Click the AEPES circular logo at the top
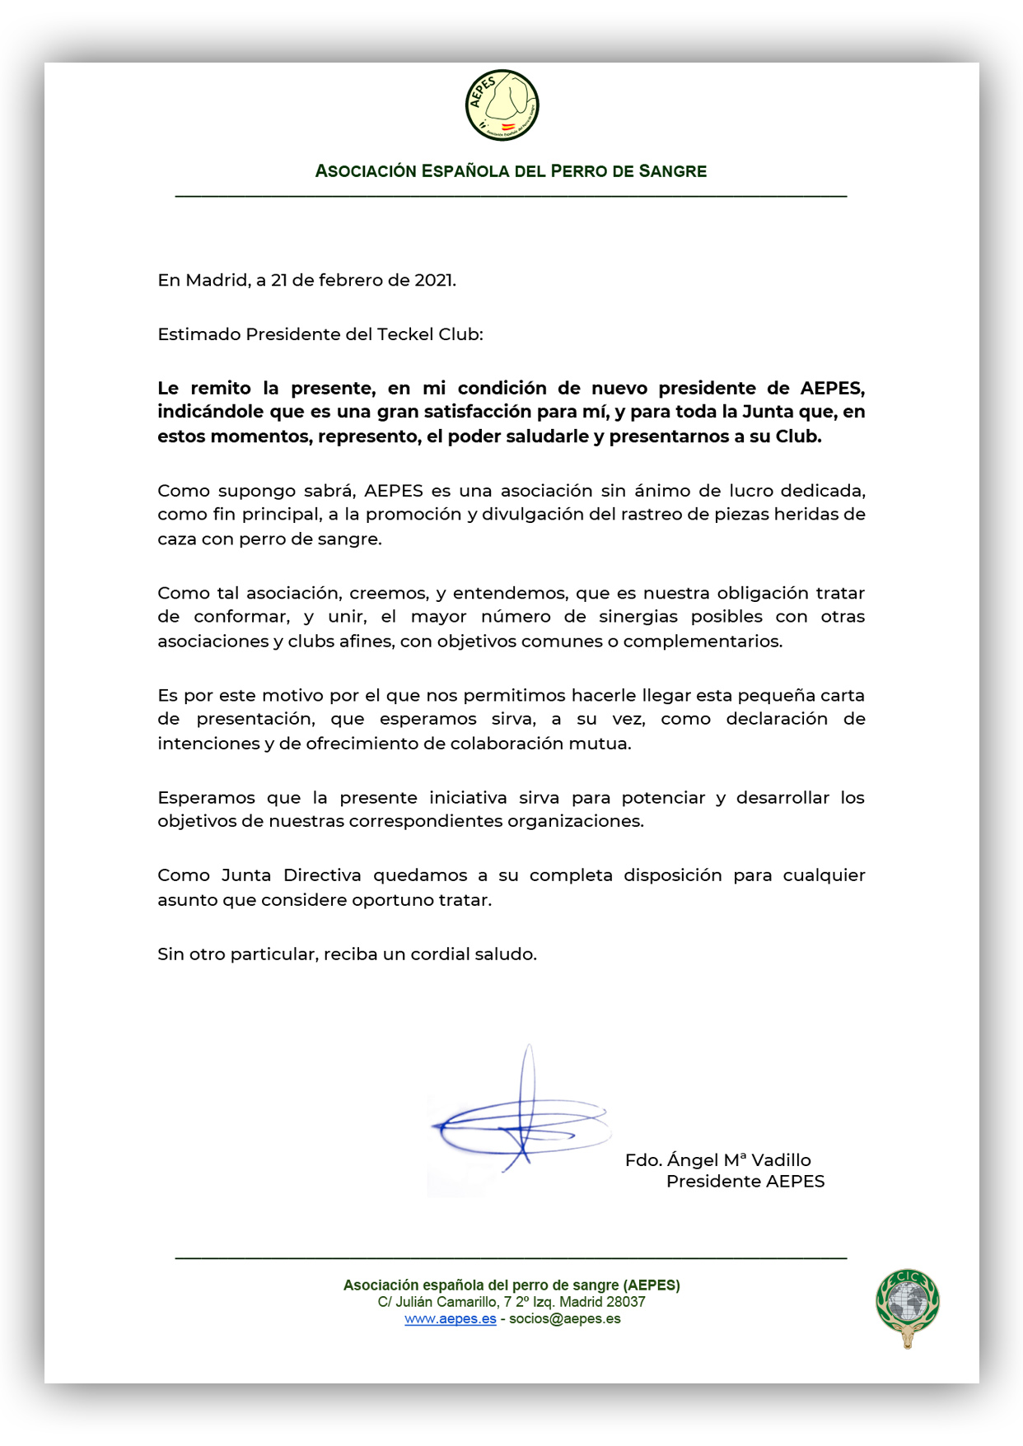(x=502, y=105)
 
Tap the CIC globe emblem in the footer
(x=907, y=1308)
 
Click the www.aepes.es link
(x=450, y=1318)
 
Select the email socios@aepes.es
(x=564, y=1318)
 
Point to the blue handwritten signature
(x=520, y=1124)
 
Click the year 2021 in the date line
(x=434, y=280)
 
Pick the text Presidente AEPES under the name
(x=745, y=1182)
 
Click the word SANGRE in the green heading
(x=672, y=171)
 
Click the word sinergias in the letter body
(x=638, y=617)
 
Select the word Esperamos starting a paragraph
(x=206, y=798)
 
